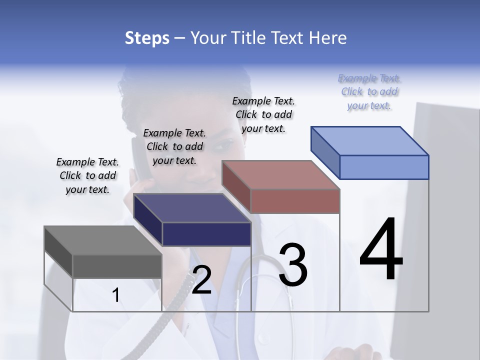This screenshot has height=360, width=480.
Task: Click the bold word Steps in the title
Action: (147, 38)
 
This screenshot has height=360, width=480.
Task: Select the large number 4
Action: (381, 250)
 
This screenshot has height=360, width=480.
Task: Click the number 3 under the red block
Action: (293, 265)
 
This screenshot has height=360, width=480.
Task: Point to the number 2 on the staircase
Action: (201, 280)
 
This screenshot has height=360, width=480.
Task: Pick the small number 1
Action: (116, 295)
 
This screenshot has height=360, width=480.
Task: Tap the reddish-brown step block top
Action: (280, 175)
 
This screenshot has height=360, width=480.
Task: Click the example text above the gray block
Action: (87, 175)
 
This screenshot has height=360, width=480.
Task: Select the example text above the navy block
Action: (174, 146)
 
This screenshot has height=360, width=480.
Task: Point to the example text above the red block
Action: (263, 114)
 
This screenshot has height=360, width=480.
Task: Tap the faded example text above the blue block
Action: (369, 92)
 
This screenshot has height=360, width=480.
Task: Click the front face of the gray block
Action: (117, 266)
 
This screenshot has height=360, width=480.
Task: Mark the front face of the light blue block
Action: (384, 167)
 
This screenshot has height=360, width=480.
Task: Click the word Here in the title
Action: (327, 38)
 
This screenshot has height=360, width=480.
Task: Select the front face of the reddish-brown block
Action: (295, 201)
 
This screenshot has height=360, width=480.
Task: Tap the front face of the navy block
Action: (206, 234)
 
